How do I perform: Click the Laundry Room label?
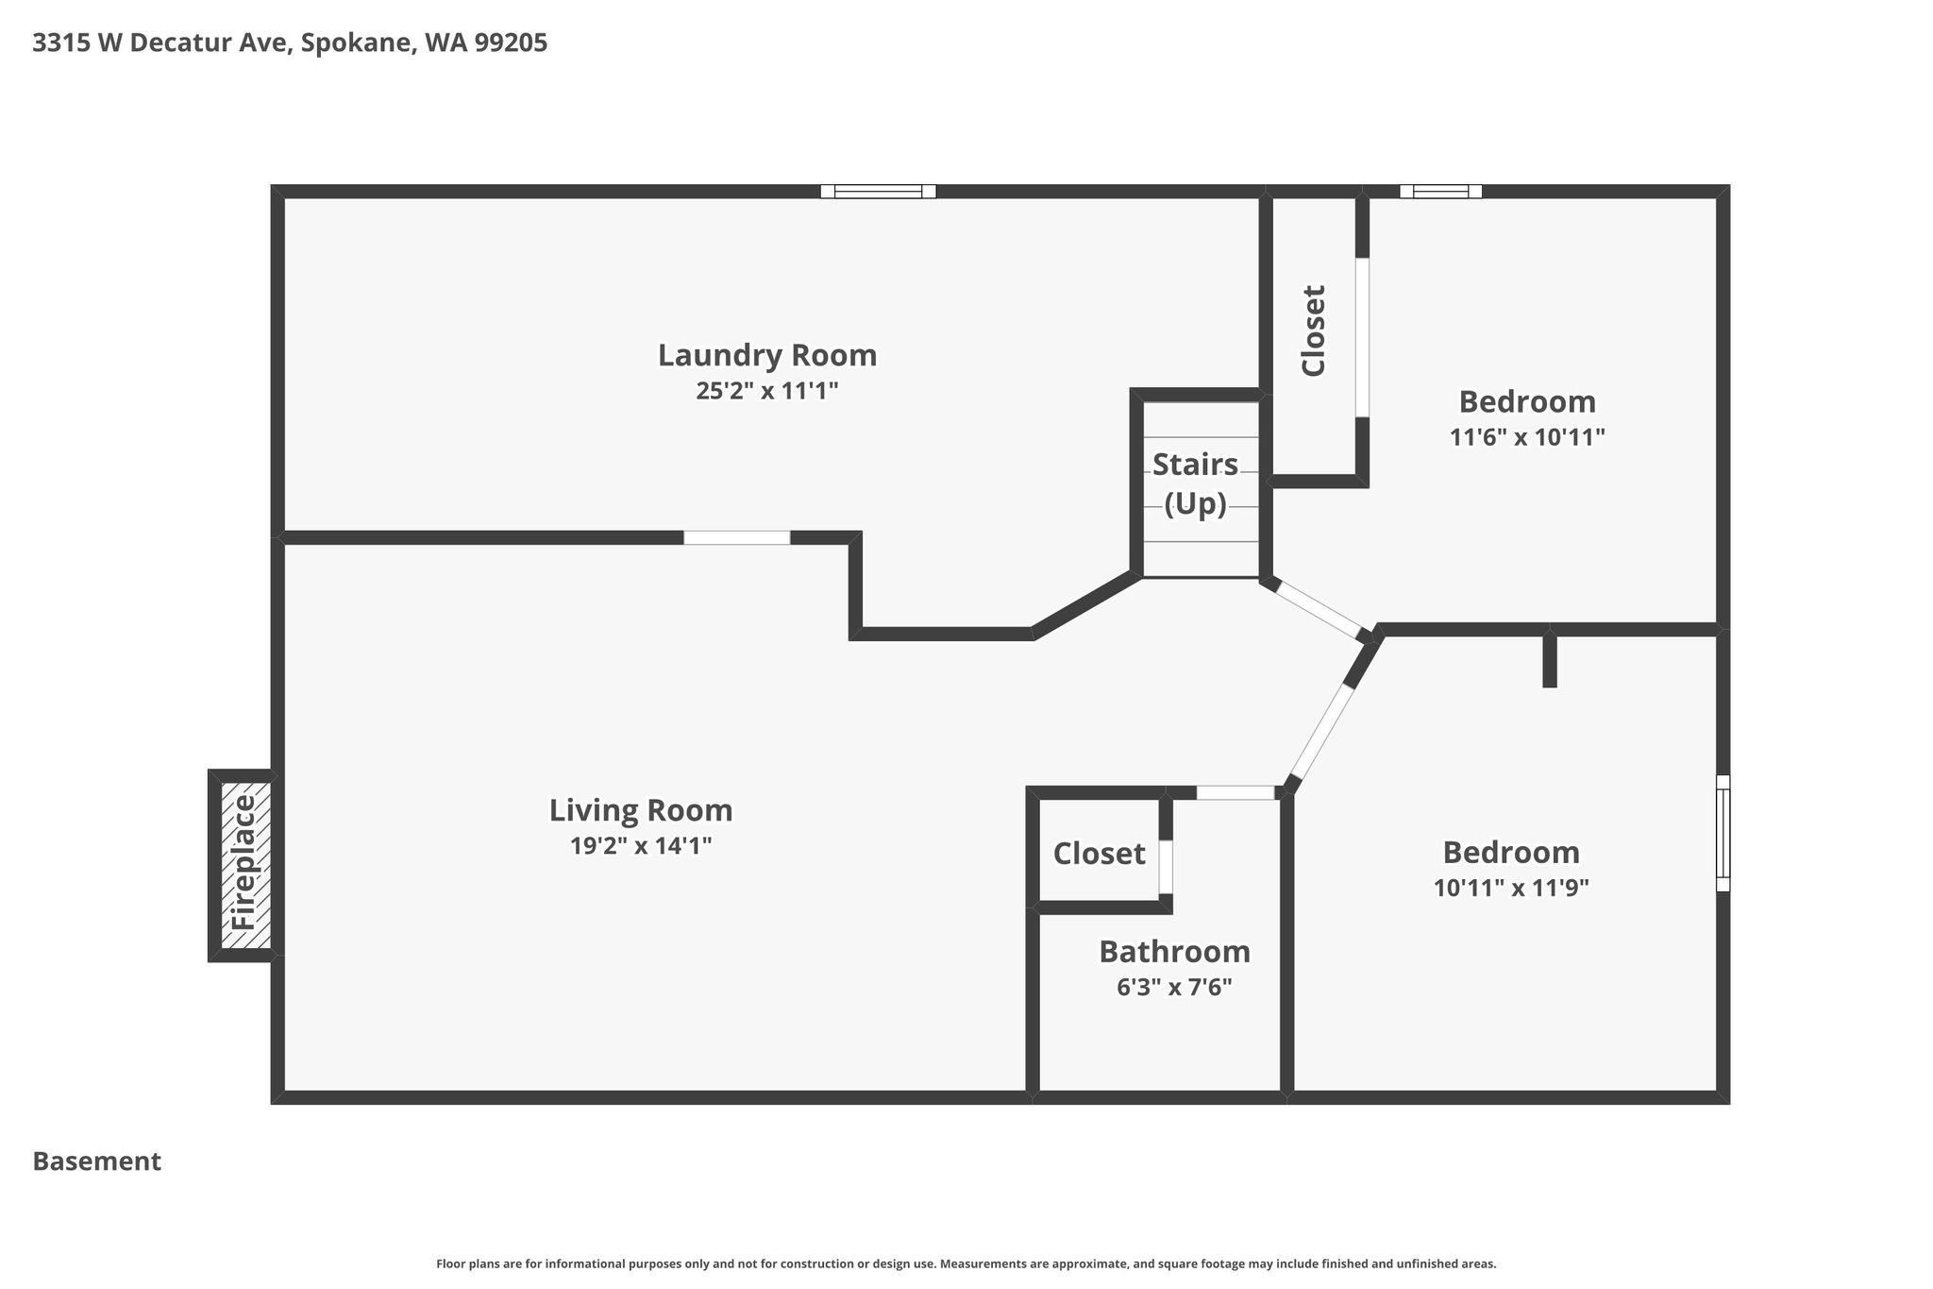click(x=767, y=355)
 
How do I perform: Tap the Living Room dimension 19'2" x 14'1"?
click(x=641, y=845)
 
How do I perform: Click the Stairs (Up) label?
click(x=1196, y=484)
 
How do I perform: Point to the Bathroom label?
click(x=1175, y=951)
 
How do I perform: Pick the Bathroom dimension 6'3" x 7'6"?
click(x=1175, y=987)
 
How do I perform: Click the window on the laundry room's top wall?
click(x=878, y=192)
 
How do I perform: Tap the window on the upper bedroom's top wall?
click(x=1440, y=192)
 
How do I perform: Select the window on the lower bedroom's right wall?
click(x=1723, y=833)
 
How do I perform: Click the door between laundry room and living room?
click(x=737, y=538)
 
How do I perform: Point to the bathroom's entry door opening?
click(x=1235, y=793)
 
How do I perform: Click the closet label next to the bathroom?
click(x=1100, y=854)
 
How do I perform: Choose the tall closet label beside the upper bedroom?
click(x=1314, y=331)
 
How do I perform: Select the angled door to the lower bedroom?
click(x=1321, y=732)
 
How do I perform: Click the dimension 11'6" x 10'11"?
click(x=1527, y=437)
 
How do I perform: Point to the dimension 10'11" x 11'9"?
click(x=1511, y=888)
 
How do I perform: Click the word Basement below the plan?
click(x=97, y=1162)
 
